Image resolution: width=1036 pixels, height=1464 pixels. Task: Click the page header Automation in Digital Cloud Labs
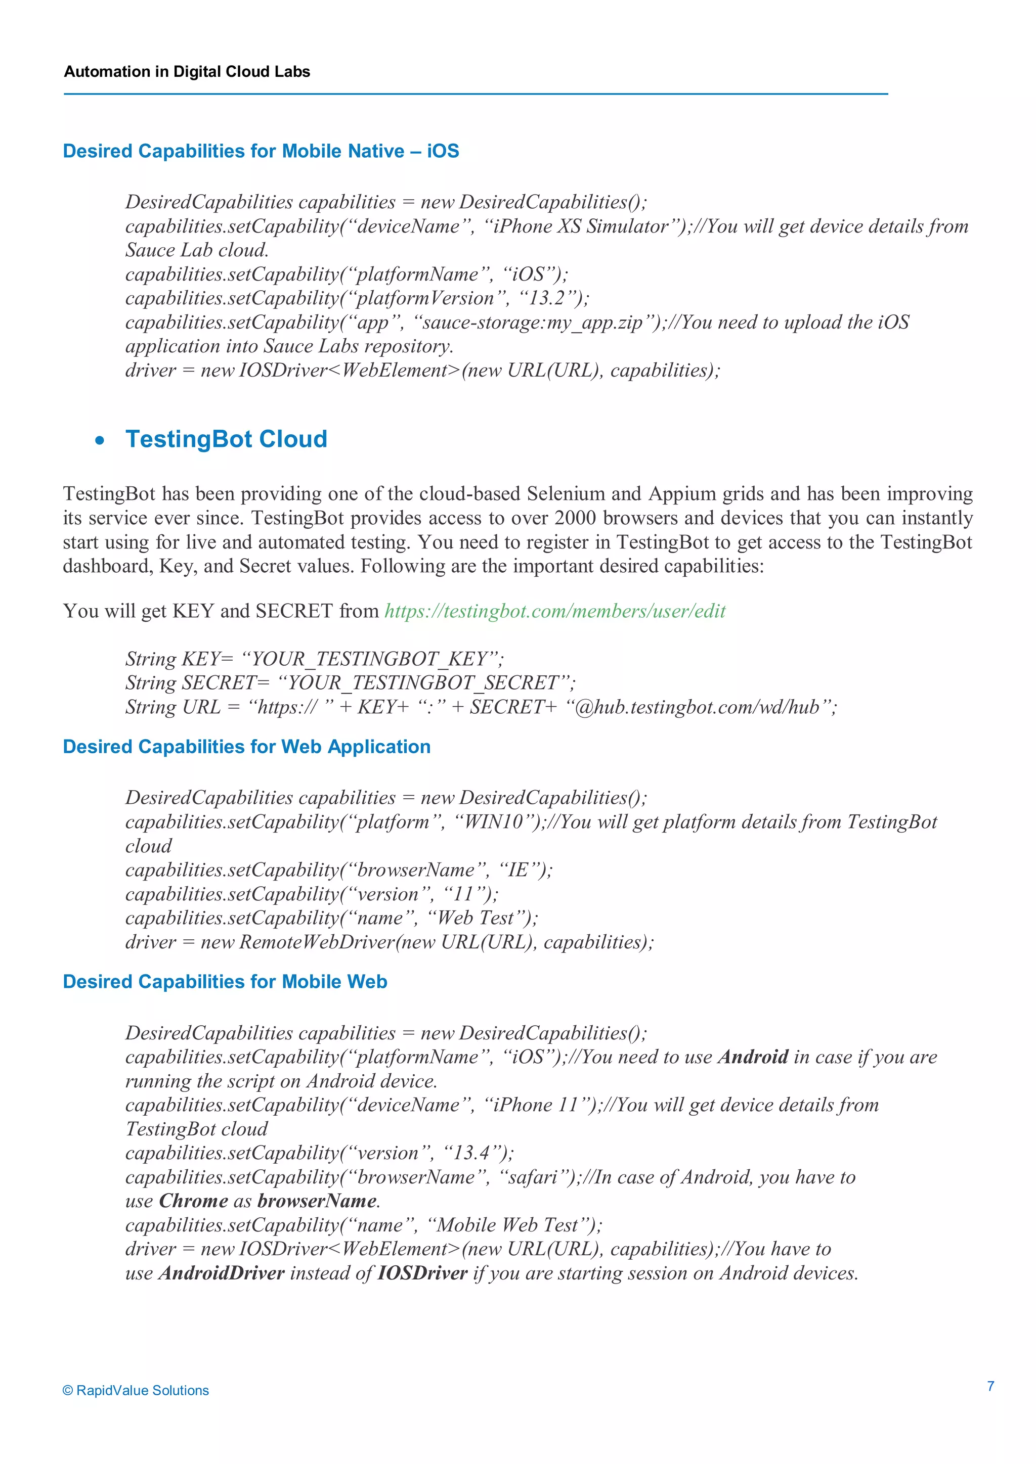click(x=187, y=71)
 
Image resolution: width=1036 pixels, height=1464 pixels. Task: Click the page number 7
click(x=990, y=1386)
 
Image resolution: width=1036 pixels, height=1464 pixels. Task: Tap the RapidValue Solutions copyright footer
click(x=136, y=1390)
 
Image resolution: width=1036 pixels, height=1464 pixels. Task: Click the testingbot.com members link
click(x=554, y=611)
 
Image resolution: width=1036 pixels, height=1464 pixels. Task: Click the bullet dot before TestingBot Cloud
click(x=100, y=441)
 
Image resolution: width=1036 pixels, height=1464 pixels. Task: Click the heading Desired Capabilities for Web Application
click(x=246, y=747)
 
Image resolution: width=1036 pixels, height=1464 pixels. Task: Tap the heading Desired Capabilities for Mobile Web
click(x=225, y=981)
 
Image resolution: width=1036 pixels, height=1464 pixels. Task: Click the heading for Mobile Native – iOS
click(x=261, y=151)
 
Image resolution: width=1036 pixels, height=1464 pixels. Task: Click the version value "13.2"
click(x=547, y=298)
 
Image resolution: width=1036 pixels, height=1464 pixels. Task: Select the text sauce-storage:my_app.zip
click(x=532, y=323)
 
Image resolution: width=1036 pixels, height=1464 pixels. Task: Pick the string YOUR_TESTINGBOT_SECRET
click(x=422, y=683)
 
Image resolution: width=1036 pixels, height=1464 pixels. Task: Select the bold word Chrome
click(x=193, y=1201)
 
